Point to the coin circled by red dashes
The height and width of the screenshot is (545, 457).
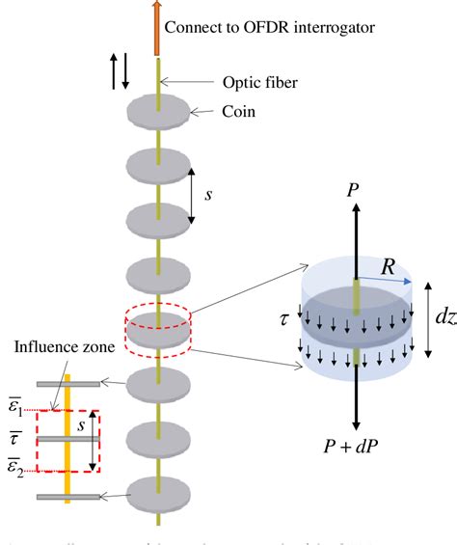point(159,323)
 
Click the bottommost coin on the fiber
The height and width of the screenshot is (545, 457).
point(159,491)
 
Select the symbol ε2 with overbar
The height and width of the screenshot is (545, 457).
point(18,470)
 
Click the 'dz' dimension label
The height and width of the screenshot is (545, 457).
point(444,314)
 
